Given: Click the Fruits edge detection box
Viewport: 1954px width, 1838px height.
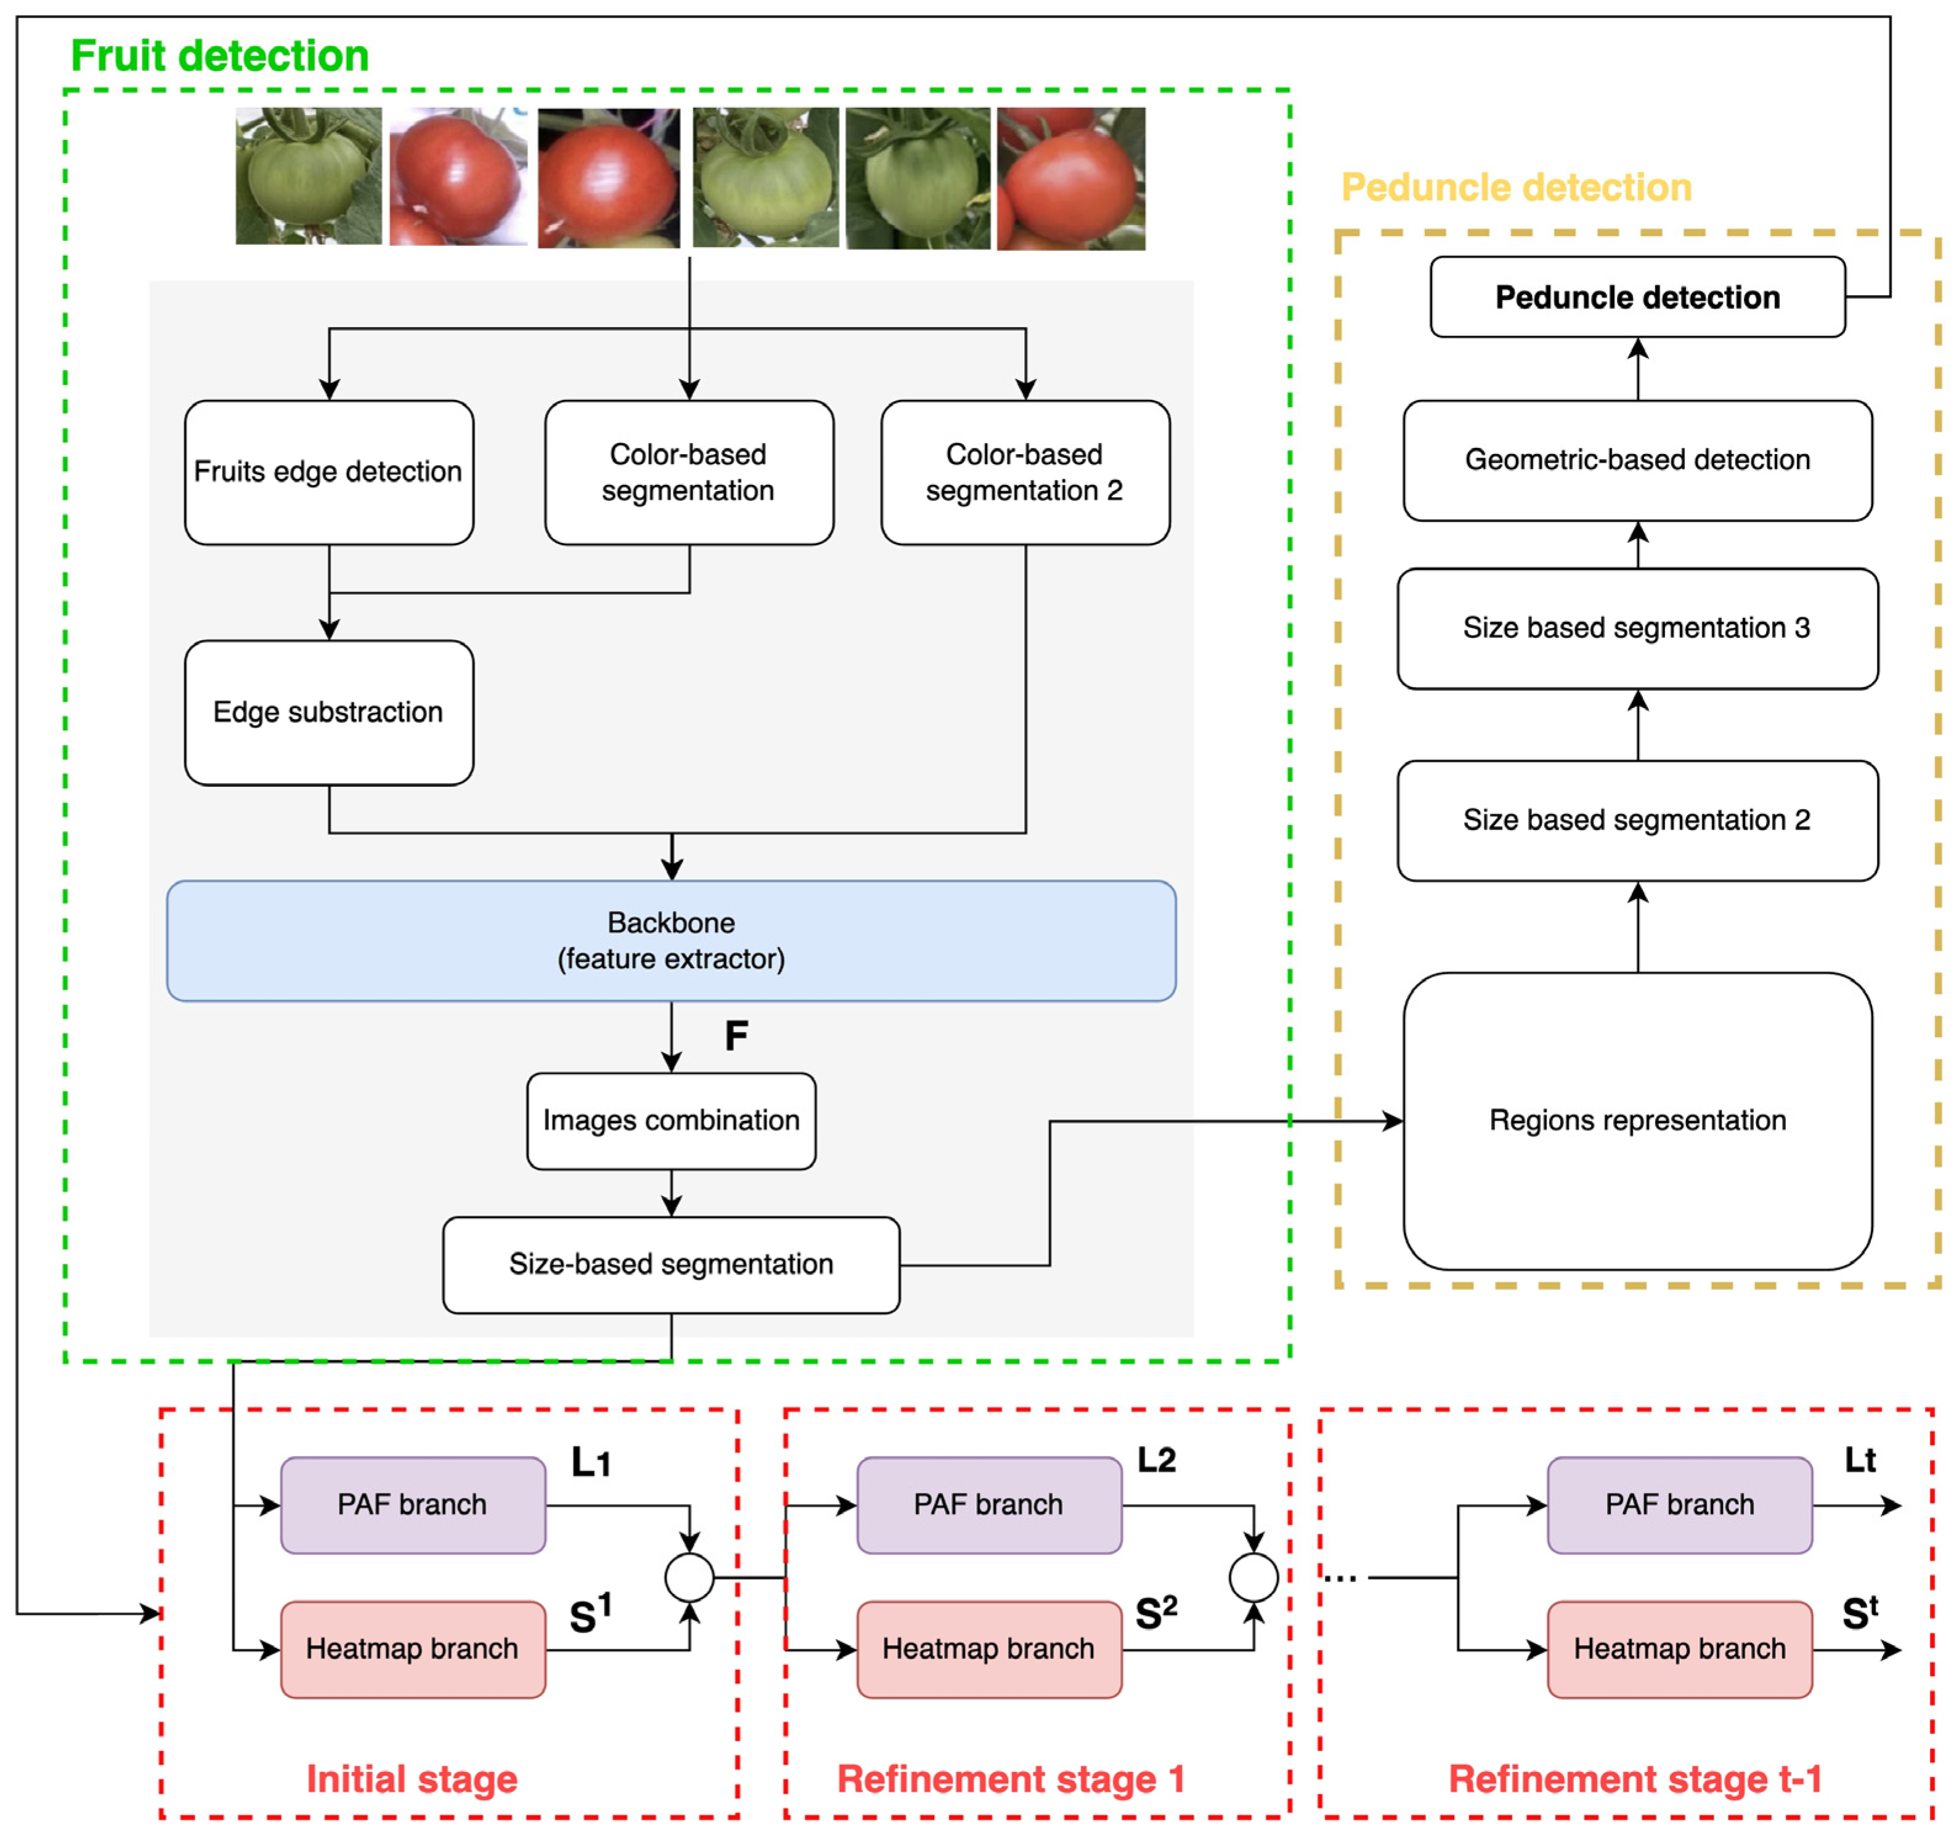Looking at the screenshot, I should point(328,472).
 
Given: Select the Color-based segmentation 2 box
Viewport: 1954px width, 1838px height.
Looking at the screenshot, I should point(1025,472).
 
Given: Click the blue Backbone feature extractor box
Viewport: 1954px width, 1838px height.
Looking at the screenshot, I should point(671,941).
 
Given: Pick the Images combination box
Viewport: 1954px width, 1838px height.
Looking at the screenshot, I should point(671,1121).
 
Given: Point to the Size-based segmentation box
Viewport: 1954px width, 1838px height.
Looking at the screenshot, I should point(671,1264).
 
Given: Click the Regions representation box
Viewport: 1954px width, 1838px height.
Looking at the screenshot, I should point(1637,1121).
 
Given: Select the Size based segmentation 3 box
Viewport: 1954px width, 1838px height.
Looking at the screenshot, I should point(1637,628).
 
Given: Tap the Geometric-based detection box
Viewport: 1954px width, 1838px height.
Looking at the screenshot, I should point(1637,460).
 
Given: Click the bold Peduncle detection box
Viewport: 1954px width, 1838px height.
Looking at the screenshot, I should point(1637,297).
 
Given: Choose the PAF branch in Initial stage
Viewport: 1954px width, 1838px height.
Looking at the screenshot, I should point(413,1505).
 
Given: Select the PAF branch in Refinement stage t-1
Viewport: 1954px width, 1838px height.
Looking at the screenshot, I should point(1680,1505).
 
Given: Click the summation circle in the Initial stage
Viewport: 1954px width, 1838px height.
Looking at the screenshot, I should point(689,1577).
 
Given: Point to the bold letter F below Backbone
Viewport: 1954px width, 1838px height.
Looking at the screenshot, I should point(736,1036).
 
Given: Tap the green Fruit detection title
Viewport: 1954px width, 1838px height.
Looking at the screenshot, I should point(220,56).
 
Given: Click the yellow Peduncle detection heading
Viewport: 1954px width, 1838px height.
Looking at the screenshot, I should point(1516,187).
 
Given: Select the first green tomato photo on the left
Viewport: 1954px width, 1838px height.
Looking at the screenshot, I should point(309,176).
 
